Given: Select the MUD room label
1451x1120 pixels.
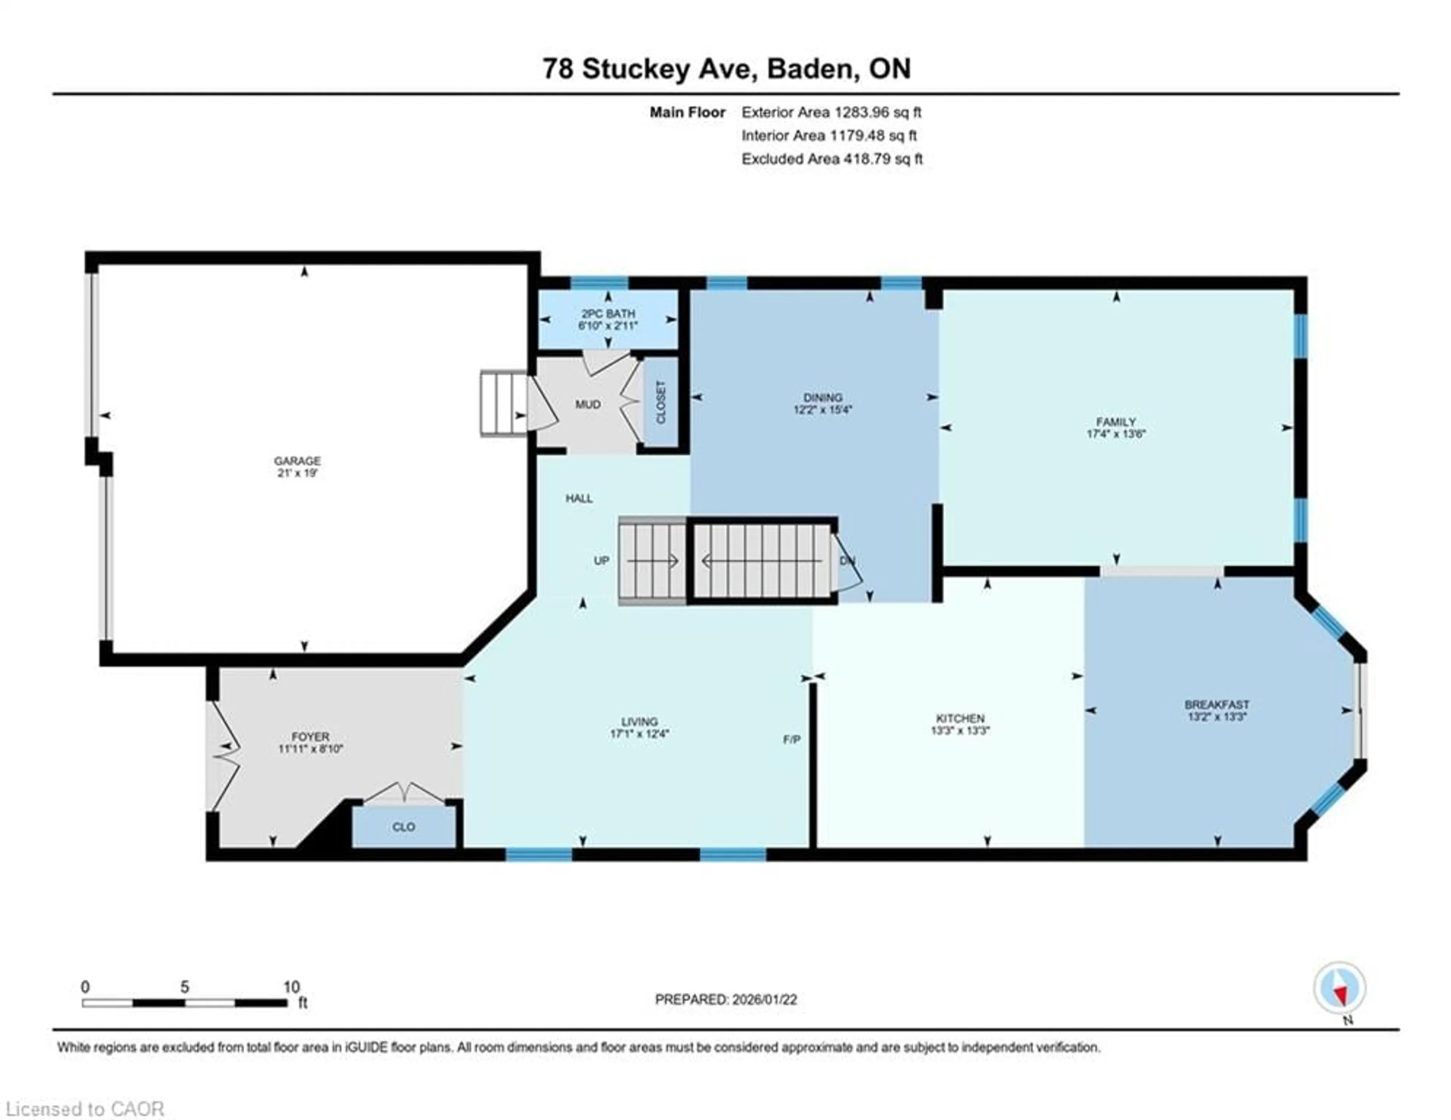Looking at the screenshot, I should (587, 405).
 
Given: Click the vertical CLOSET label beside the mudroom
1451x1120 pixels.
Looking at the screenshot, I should (661, 402).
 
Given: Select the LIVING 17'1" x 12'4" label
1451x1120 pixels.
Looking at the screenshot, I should (639, 727).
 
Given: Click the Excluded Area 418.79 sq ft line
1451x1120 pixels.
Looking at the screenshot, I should (832, 159).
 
